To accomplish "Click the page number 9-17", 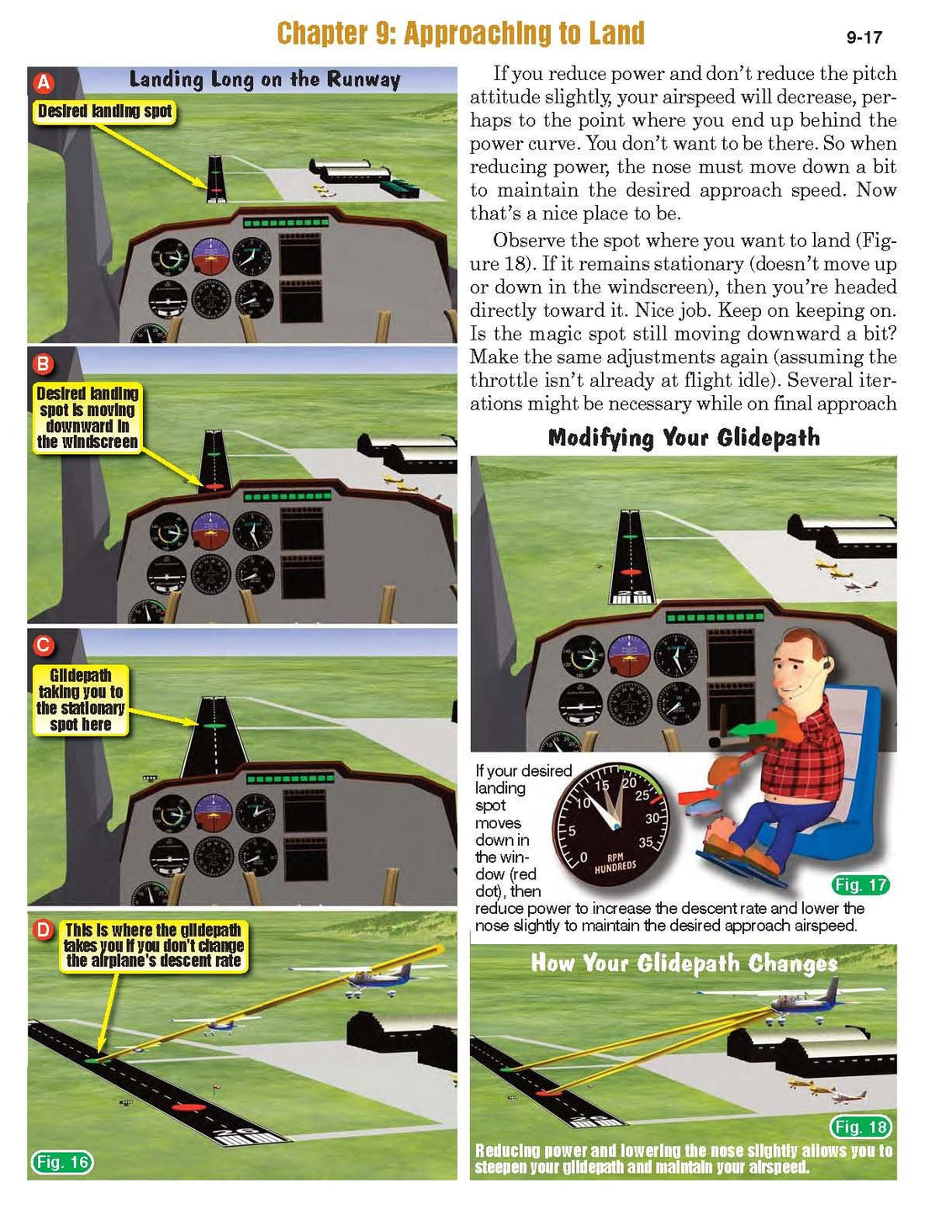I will point(864,38).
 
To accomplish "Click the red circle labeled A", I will point(42,82).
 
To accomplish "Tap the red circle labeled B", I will point(42,364).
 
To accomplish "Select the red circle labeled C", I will point(42,645).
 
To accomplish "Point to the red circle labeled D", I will point(42,929).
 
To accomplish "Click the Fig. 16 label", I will point(62,1162).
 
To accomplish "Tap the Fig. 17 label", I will point(860,884).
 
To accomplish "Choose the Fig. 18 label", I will point(860,1127).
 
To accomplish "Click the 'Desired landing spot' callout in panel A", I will point(104,111).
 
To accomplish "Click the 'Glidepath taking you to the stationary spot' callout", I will point(81,700).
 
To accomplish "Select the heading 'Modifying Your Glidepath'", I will point(683,438).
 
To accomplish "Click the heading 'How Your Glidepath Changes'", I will point(683,964).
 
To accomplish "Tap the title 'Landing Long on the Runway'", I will point(264,80).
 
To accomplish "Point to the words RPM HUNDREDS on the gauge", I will point(616,863).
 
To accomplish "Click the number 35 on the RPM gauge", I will point(646,842).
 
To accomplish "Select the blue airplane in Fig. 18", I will point(803,1001).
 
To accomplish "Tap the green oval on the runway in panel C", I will point(214,724).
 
